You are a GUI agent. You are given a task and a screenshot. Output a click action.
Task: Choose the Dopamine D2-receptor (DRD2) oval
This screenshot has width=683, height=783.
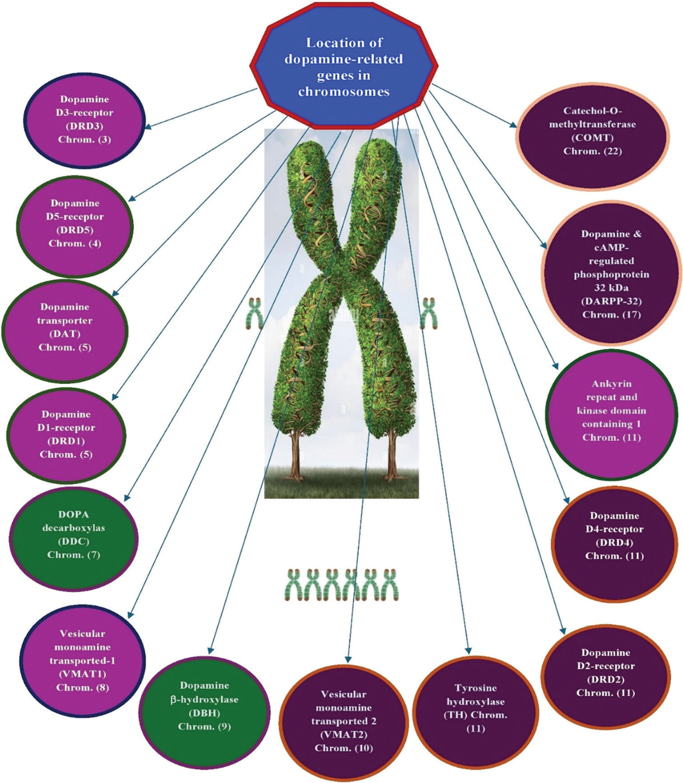[x=606, y=673]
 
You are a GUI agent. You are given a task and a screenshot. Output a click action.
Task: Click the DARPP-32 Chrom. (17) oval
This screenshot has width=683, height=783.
[x=611, y=274]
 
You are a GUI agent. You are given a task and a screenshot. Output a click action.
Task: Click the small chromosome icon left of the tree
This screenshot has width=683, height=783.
[x=254, y=314]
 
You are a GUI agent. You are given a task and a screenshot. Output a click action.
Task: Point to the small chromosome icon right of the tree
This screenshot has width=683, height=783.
[x=429, y=314]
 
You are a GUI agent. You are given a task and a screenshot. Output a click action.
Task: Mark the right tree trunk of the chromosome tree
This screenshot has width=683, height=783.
[x=392, y=452]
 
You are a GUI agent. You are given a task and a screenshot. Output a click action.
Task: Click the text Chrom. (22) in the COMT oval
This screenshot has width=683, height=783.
[x=592, y=151]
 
